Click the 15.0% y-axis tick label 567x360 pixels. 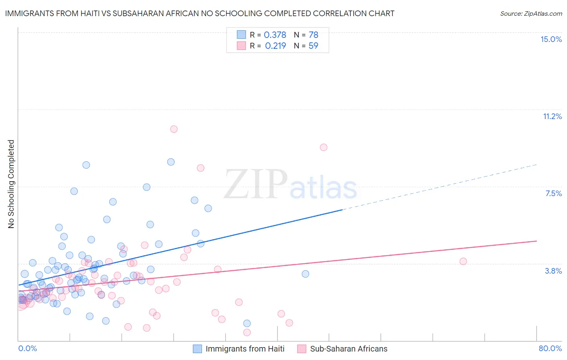(x=551, y=39)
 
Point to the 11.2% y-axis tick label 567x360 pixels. (x=552, y=116)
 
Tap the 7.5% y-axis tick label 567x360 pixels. (x=553, y=193)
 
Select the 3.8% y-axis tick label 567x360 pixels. (x=553, y=271)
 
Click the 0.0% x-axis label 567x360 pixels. (x=27, y=348)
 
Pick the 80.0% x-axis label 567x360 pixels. (x=550, y=348)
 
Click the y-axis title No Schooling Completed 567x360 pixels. (x=11, y=184)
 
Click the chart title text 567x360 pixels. (x=200, y=13)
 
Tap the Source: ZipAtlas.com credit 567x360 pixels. (x=531, y=13)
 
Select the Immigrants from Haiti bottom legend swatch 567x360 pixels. (x=197, y=349)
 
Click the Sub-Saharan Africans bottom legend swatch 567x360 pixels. (x=302, y=349)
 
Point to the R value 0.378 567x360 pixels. (x=275, y=35)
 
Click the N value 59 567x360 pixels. (x=313, y=46)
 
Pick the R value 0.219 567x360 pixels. (x=275, y=46)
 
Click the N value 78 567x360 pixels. (x=313, y=35)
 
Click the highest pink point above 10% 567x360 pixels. (x=174, y=129)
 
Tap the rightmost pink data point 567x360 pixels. (x=463, y=261)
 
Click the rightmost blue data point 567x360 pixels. (x=305, y=274)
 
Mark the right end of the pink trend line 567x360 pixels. (x=536, y=241)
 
